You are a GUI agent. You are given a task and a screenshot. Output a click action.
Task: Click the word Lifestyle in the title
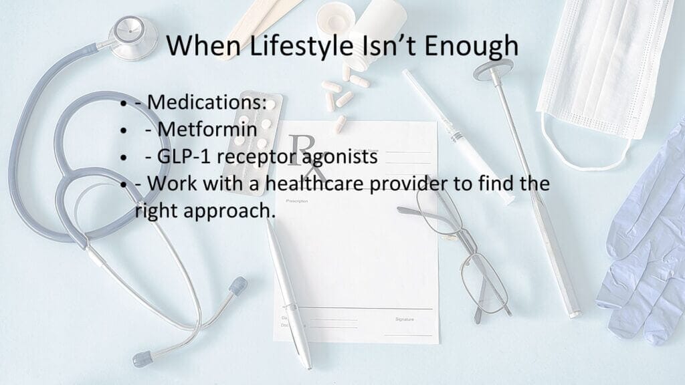click(x=302, y=46)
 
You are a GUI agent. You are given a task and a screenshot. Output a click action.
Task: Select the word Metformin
click(x=207, y=129)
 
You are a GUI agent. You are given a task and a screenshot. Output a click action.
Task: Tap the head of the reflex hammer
click(x=494, y=70)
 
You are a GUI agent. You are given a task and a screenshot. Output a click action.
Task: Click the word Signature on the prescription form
click(x=405, y=319)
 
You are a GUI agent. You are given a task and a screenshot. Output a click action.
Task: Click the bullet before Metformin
click(x=124, y=130)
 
